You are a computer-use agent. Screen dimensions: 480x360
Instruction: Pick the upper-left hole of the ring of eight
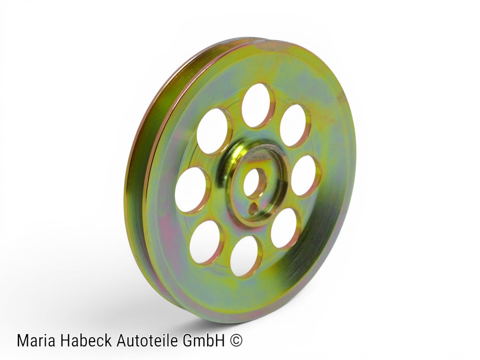pos(212,131)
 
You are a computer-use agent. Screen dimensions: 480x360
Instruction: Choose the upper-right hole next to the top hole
pos(294,126)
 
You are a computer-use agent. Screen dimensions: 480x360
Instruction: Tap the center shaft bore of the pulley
pos(255,183)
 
